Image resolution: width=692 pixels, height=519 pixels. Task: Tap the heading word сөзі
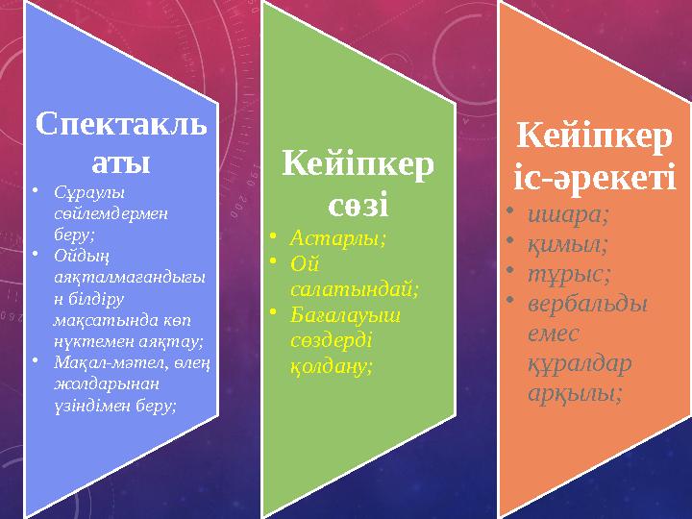[x=357, y=206]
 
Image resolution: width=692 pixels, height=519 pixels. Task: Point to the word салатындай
[x=353, y=285]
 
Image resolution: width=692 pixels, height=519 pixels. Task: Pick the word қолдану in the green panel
[x=331, y=366]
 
